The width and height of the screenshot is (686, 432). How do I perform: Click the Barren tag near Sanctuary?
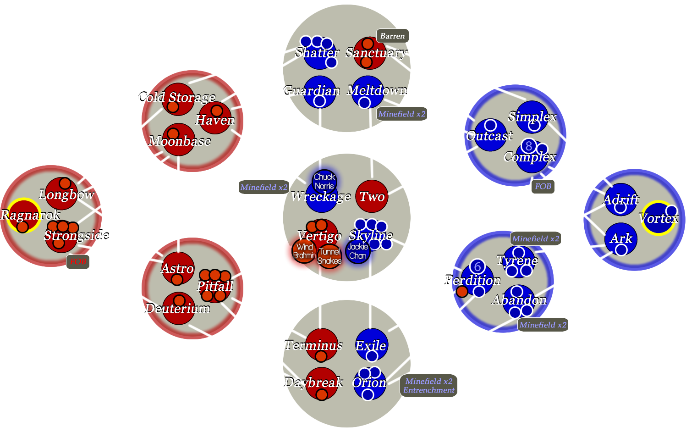click(392, 36)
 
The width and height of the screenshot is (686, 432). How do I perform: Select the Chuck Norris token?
click(324, 181)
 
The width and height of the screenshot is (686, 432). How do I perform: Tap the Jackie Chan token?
click(357, 251)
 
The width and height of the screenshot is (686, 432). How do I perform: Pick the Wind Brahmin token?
click(304, 251)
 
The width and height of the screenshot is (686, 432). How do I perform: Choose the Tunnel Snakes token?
click(329, 256)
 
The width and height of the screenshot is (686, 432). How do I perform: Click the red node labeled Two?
click(372, 196)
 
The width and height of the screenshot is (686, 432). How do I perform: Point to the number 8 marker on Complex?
click(529, 146)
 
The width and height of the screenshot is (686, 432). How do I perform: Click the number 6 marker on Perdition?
click(477, 266)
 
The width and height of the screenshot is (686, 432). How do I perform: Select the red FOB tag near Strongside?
click(78, 261)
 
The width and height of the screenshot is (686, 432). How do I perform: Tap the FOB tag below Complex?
click(543, 186)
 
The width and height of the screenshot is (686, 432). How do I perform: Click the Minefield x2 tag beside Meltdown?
click(402, 114)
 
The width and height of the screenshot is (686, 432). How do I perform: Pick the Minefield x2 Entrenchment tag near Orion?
click(429, 386)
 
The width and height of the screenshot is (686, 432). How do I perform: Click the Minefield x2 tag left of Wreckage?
click(263, 187)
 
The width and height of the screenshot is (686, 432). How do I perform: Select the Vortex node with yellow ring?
click(658, 218)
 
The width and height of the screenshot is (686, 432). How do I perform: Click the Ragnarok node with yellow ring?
click(23, 215)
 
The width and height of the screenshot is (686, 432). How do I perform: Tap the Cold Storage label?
click(176, 97)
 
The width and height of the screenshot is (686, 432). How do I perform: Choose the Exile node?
click(372, 345)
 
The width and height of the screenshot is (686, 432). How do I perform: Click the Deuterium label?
click(177, 309)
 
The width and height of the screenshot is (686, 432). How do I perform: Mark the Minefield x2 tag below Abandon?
click(543, 325)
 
